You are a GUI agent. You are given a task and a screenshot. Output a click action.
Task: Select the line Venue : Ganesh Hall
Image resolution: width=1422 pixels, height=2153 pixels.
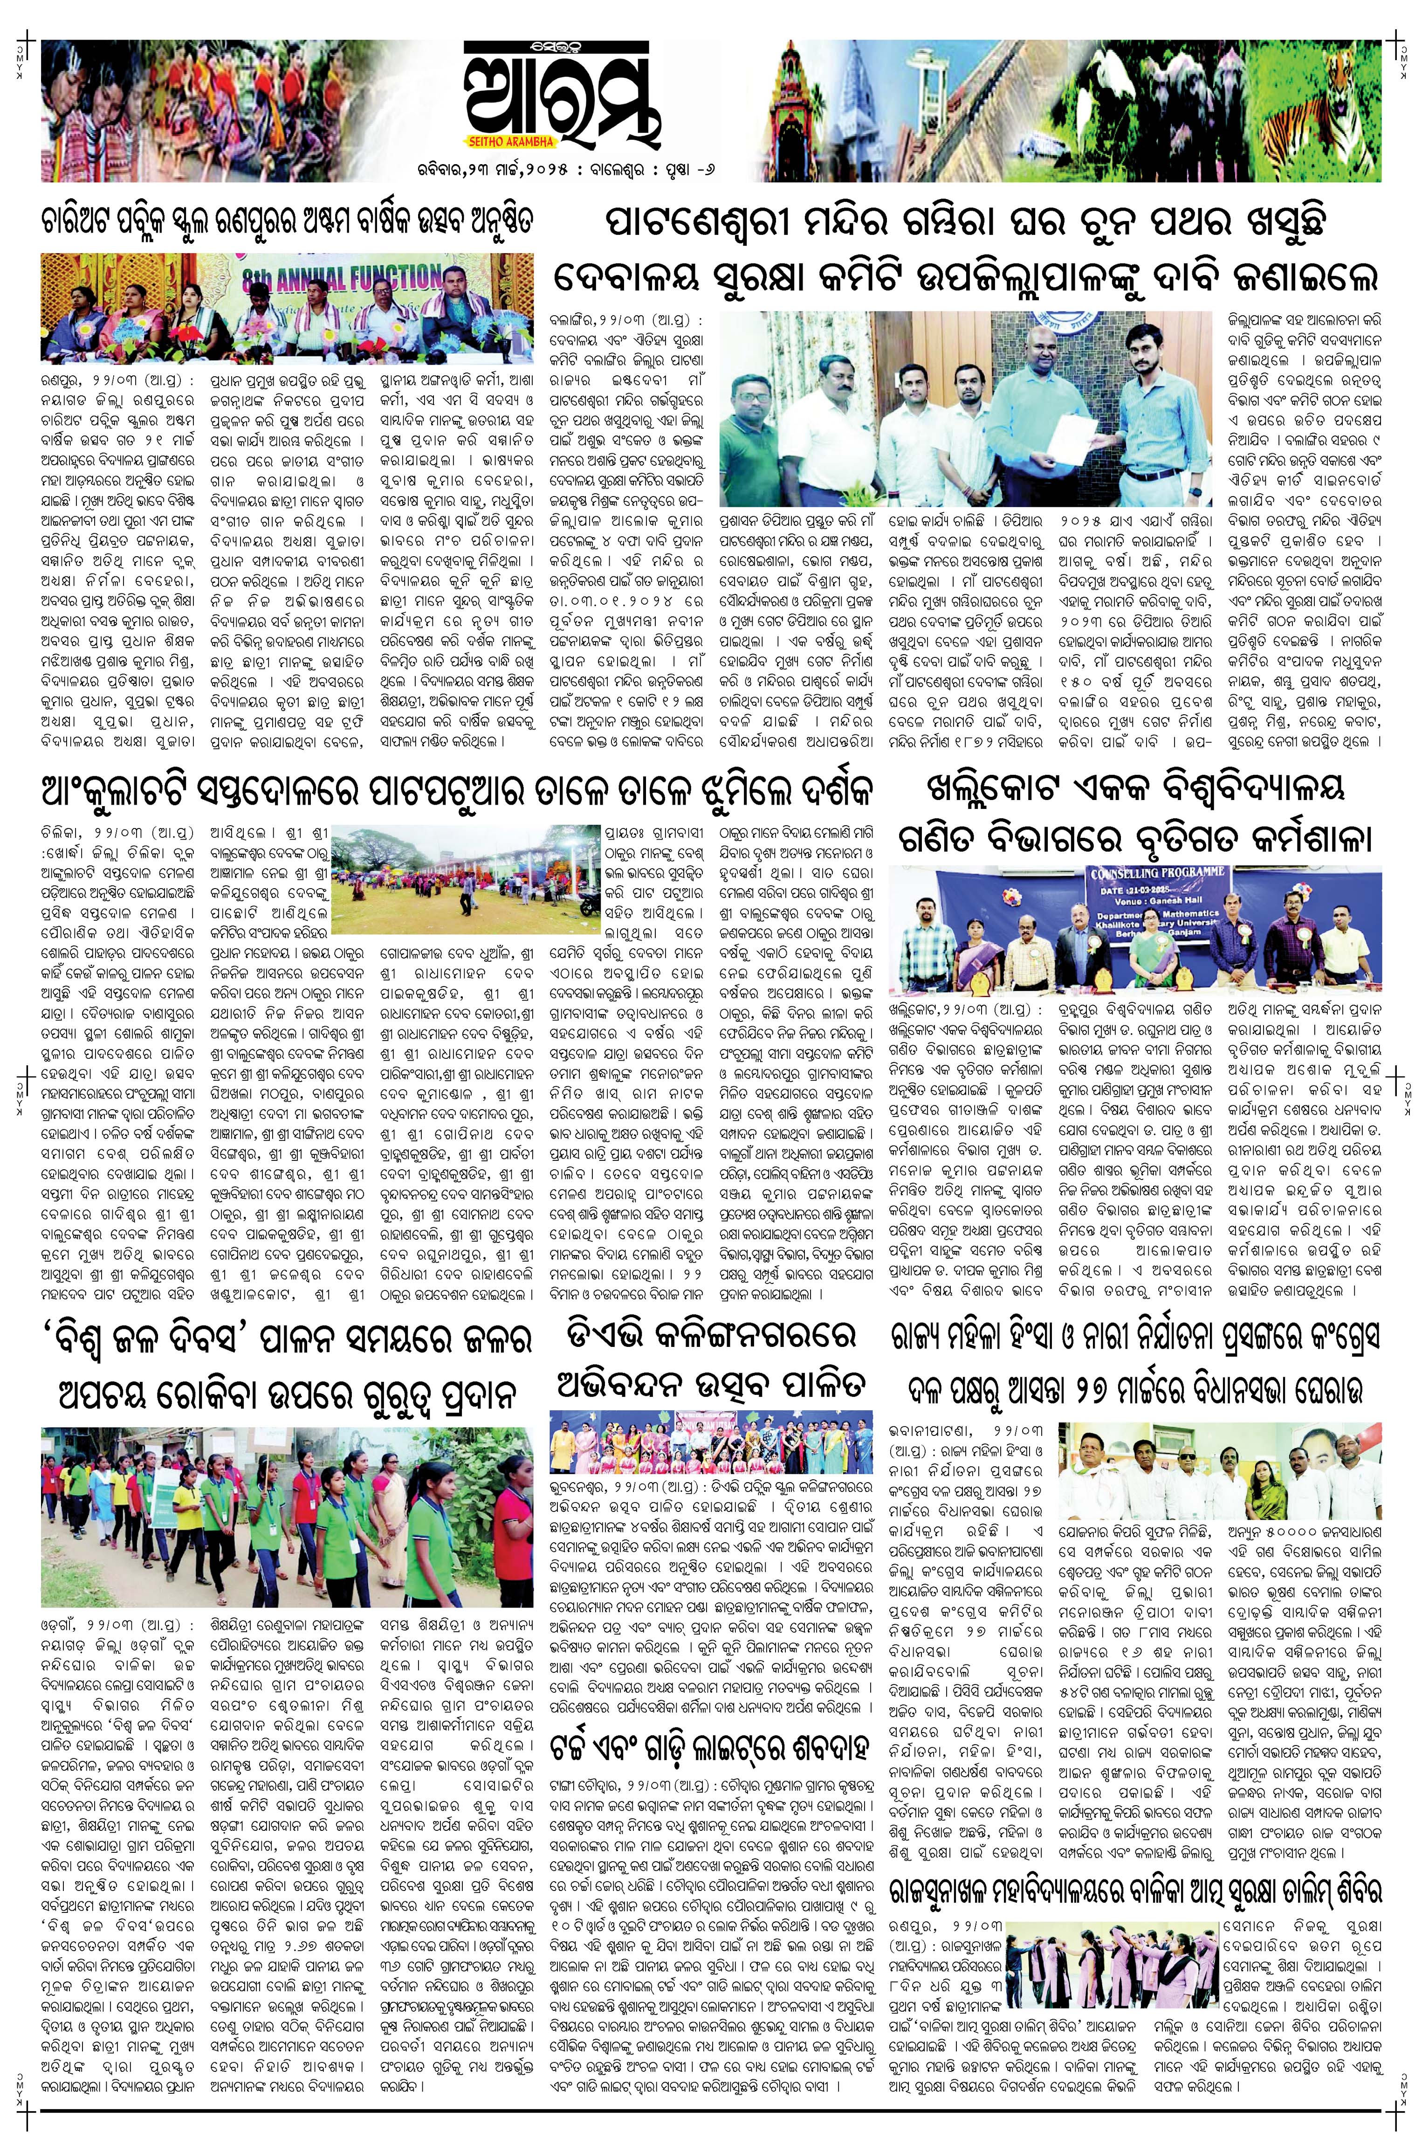point(1129,904)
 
